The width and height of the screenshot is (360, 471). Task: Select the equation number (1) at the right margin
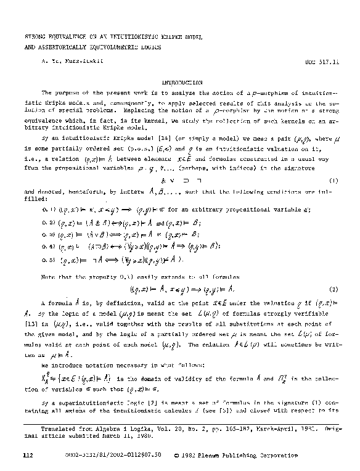coord(333,180)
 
